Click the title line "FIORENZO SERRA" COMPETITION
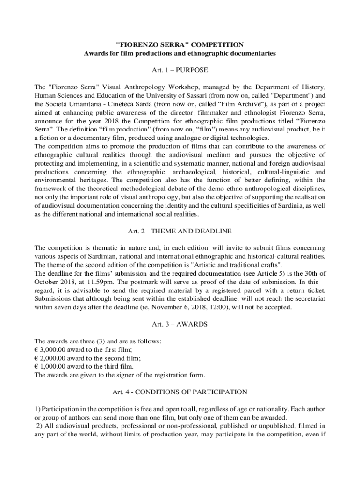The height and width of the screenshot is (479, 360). click(x=180, y=45)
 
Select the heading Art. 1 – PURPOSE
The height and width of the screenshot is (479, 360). click(x=180, y=70)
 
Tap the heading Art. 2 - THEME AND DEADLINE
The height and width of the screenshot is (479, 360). click(x=180, y=231)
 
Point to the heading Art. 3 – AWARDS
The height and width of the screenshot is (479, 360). click(x=180, y=324)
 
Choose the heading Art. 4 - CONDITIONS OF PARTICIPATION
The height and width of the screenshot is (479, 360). click(x=180, y=391)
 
